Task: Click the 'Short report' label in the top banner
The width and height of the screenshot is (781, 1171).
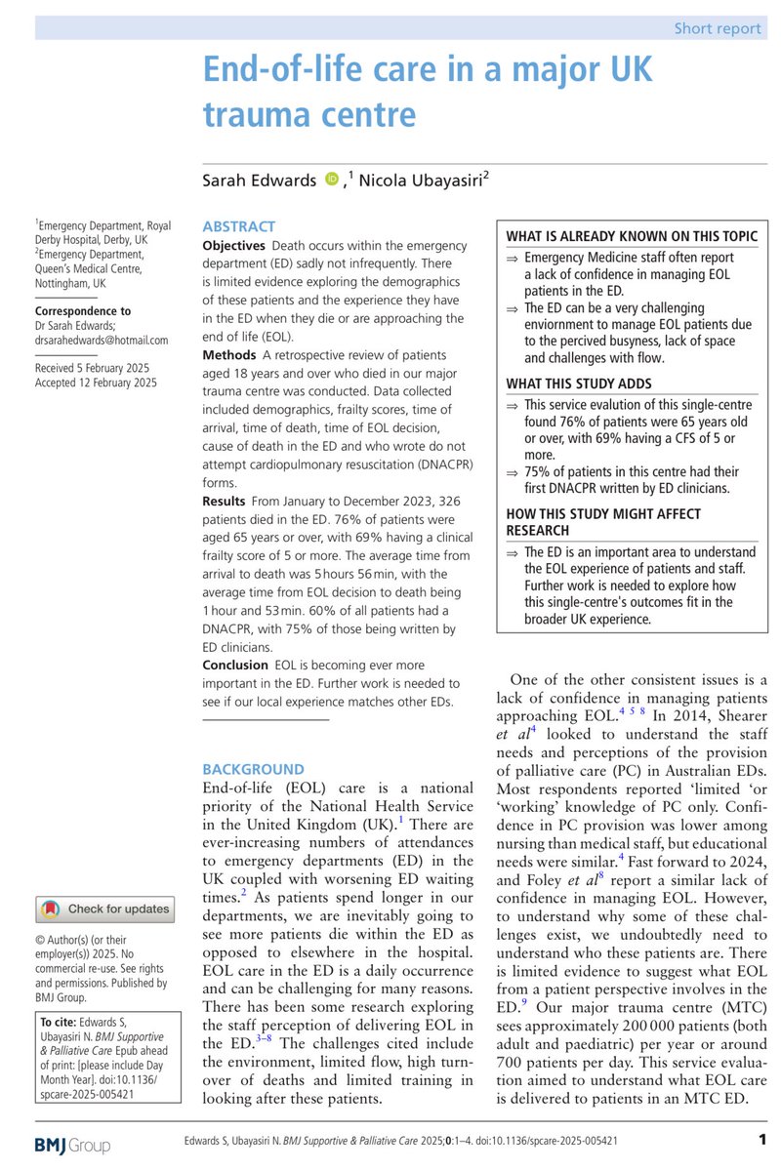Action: tap(718, 27)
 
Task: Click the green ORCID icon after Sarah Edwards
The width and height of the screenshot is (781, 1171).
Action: tap(332, 178)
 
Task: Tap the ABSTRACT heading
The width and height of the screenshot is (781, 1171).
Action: tap(238, 225)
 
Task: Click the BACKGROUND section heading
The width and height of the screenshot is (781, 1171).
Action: tap(253, 769)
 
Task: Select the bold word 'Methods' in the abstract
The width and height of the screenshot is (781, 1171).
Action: tap(228, 353)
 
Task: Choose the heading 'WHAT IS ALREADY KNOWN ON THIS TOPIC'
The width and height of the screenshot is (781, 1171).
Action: tap(632, 236)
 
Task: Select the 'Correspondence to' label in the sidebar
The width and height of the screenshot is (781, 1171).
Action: tap(83, 311)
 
